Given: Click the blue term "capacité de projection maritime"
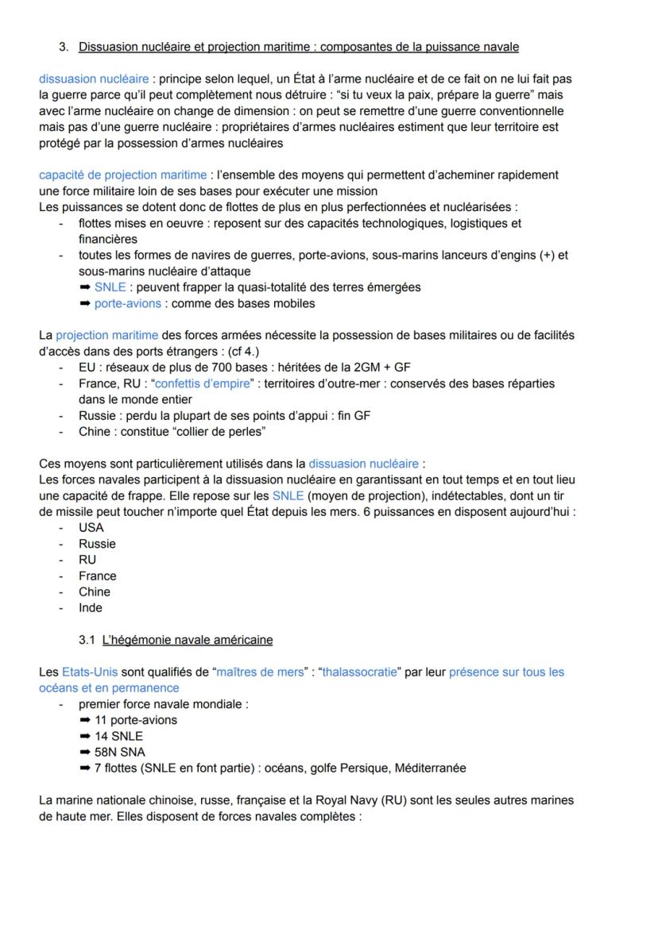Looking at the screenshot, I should point(123,175).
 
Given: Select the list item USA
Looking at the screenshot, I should point(91,528).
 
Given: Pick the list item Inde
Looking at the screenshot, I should point(90,608).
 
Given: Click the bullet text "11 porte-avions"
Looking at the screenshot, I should point(135,720).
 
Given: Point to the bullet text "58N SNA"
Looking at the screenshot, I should point(119,752).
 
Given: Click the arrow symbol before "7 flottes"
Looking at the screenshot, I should point(85,768).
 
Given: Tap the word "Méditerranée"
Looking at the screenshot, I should point(429,768).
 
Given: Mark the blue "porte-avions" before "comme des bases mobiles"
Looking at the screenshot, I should point(128,303).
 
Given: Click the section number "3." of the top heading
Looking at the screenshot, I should point(64,48).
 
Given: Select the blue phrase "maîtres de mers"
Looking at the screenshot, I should point(260,672).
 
